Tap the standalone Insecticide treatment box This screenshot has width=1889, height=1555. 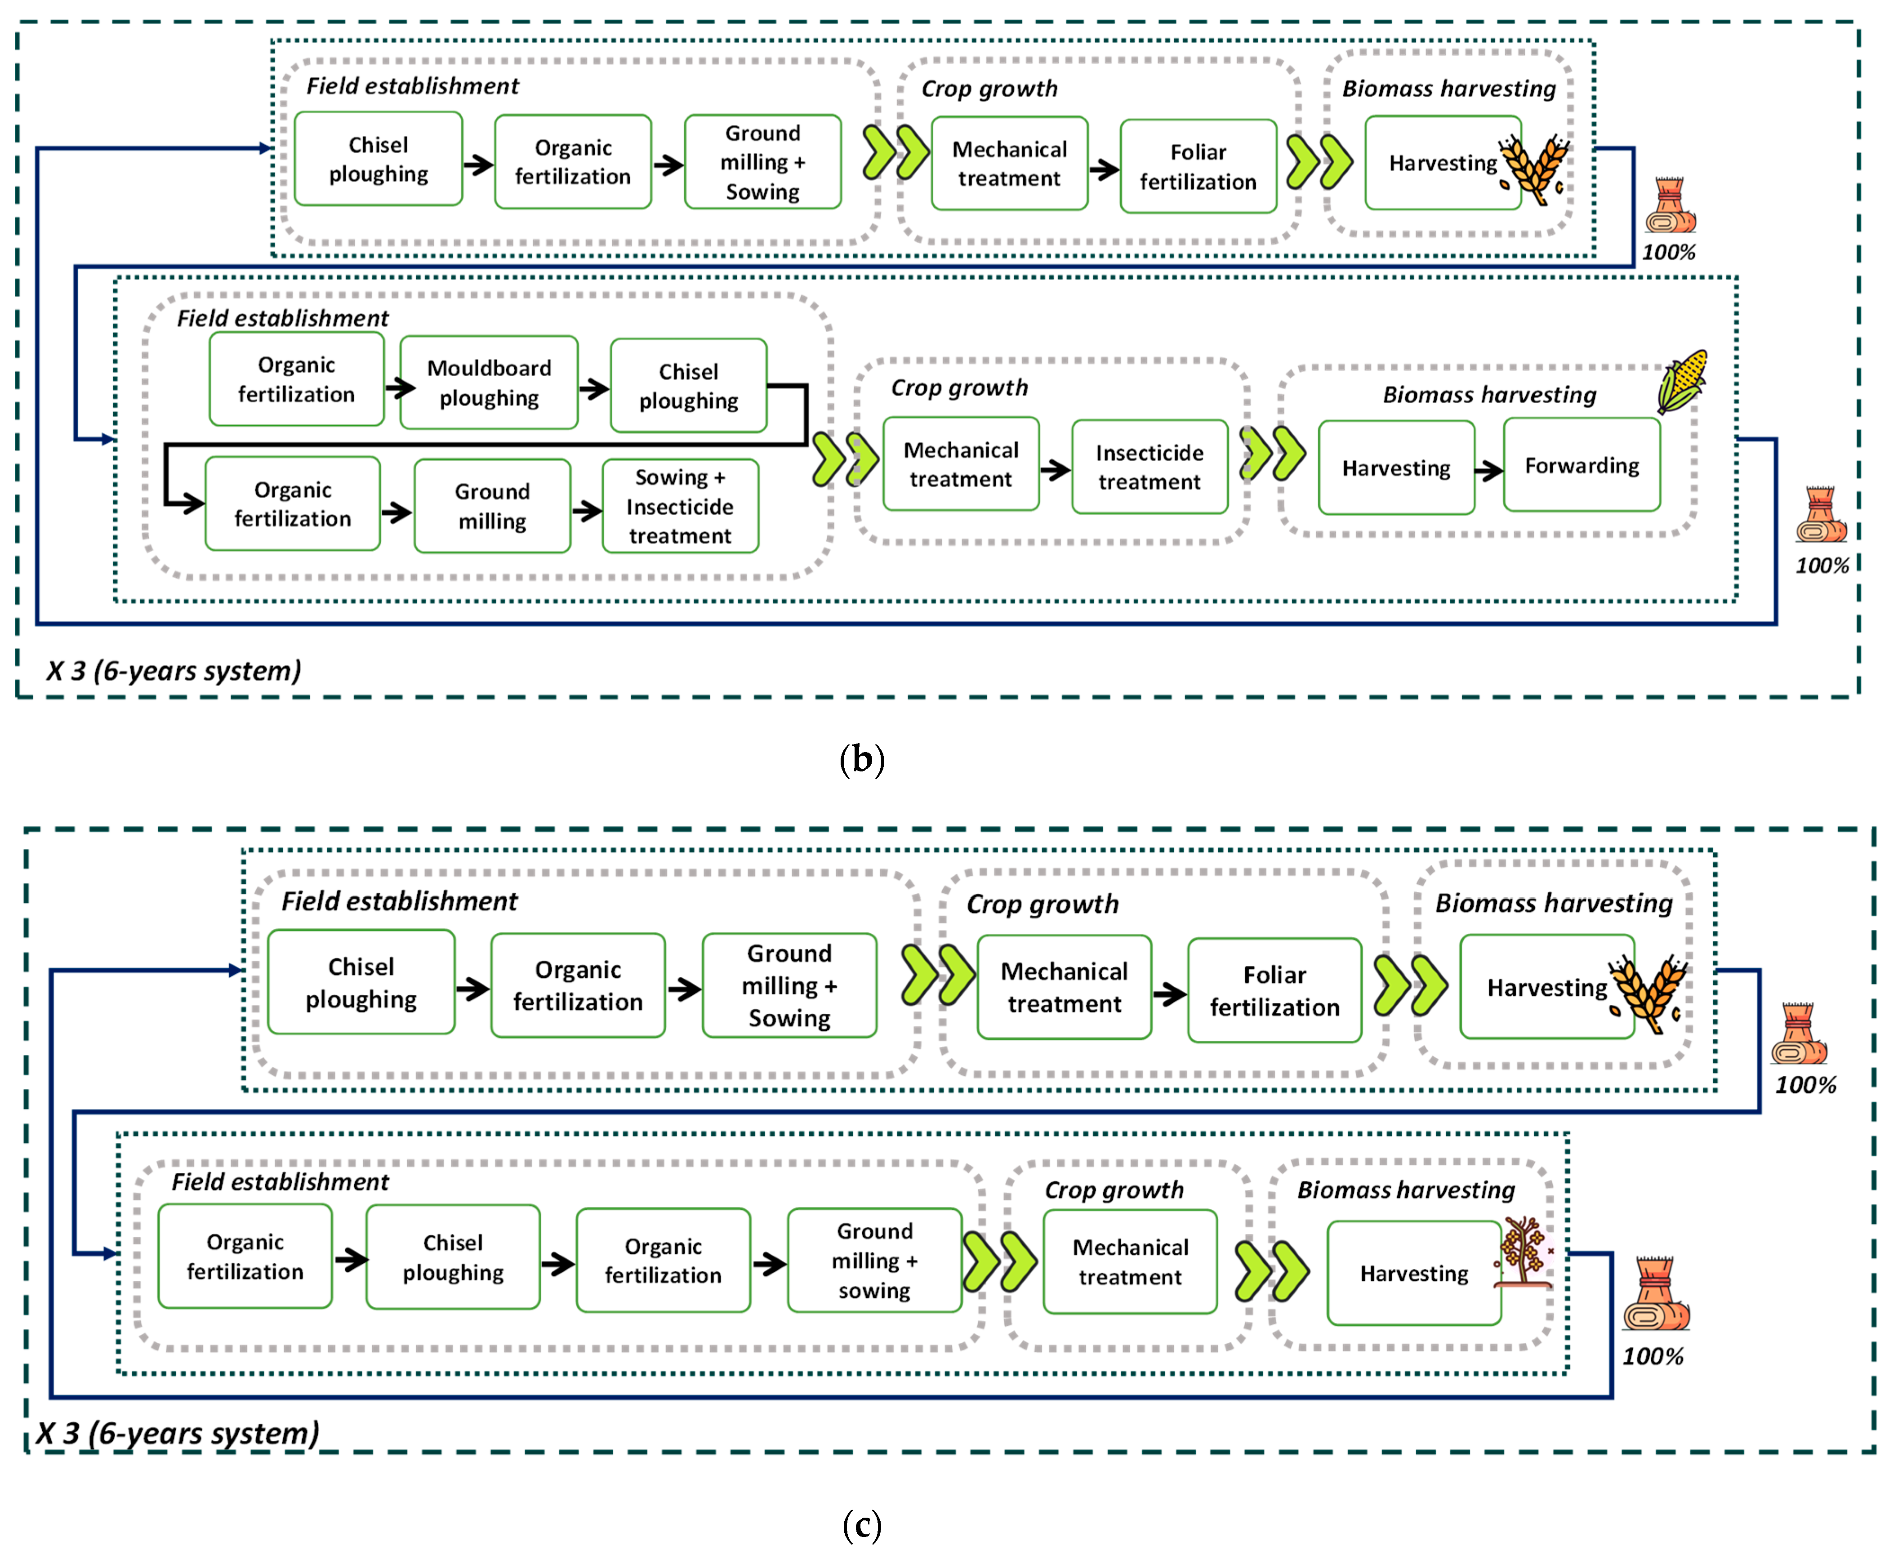click(1149, 467)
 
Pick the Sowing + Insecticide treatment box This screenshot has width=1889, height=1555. click(680, 506)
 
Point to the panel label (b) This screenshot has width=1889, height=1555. click(862, 760)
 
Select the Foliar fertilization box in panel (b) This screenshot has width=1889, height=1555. click(1198, 167)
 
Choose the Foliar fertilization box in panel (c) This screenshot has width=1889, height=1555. click(1274, 991)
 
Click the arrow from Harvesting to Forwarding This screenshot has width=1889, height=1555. click(1488, 470)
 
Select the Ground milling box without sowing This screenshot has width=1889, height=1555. click(492, 506)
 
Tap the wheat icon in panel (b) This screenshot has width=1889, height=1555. click(1535, 169)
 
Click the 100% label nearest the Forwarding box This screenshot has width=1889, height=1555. click(1821, 565)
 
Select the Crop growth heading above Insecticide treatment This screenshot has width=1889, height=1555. click(958, 388)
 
